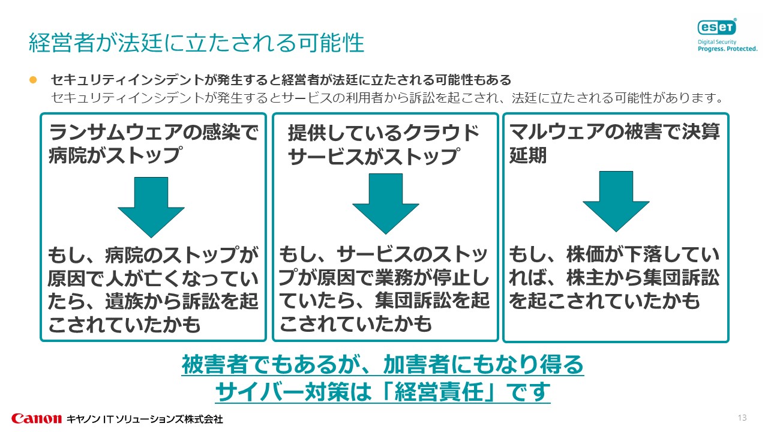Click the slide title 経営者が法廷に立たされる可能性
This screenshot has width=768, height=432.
tap(196, 43)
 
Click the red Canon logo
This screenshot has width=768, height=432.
tap(36, 418)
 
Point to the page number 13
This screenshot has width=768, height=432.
tap(742, 418)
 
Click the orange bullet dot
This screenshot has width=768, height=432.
tap(34, 80)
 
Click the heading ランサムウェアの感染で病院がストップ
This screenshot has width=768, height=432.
tap(153, 144)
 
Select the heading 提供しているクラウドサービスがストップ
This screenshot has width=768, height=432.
tap(384, 145)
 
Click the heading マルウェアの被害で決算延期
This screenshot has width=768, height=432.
tap(614, 144)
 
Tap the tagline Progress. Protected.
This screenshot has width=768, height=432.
tap(727, 49)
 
